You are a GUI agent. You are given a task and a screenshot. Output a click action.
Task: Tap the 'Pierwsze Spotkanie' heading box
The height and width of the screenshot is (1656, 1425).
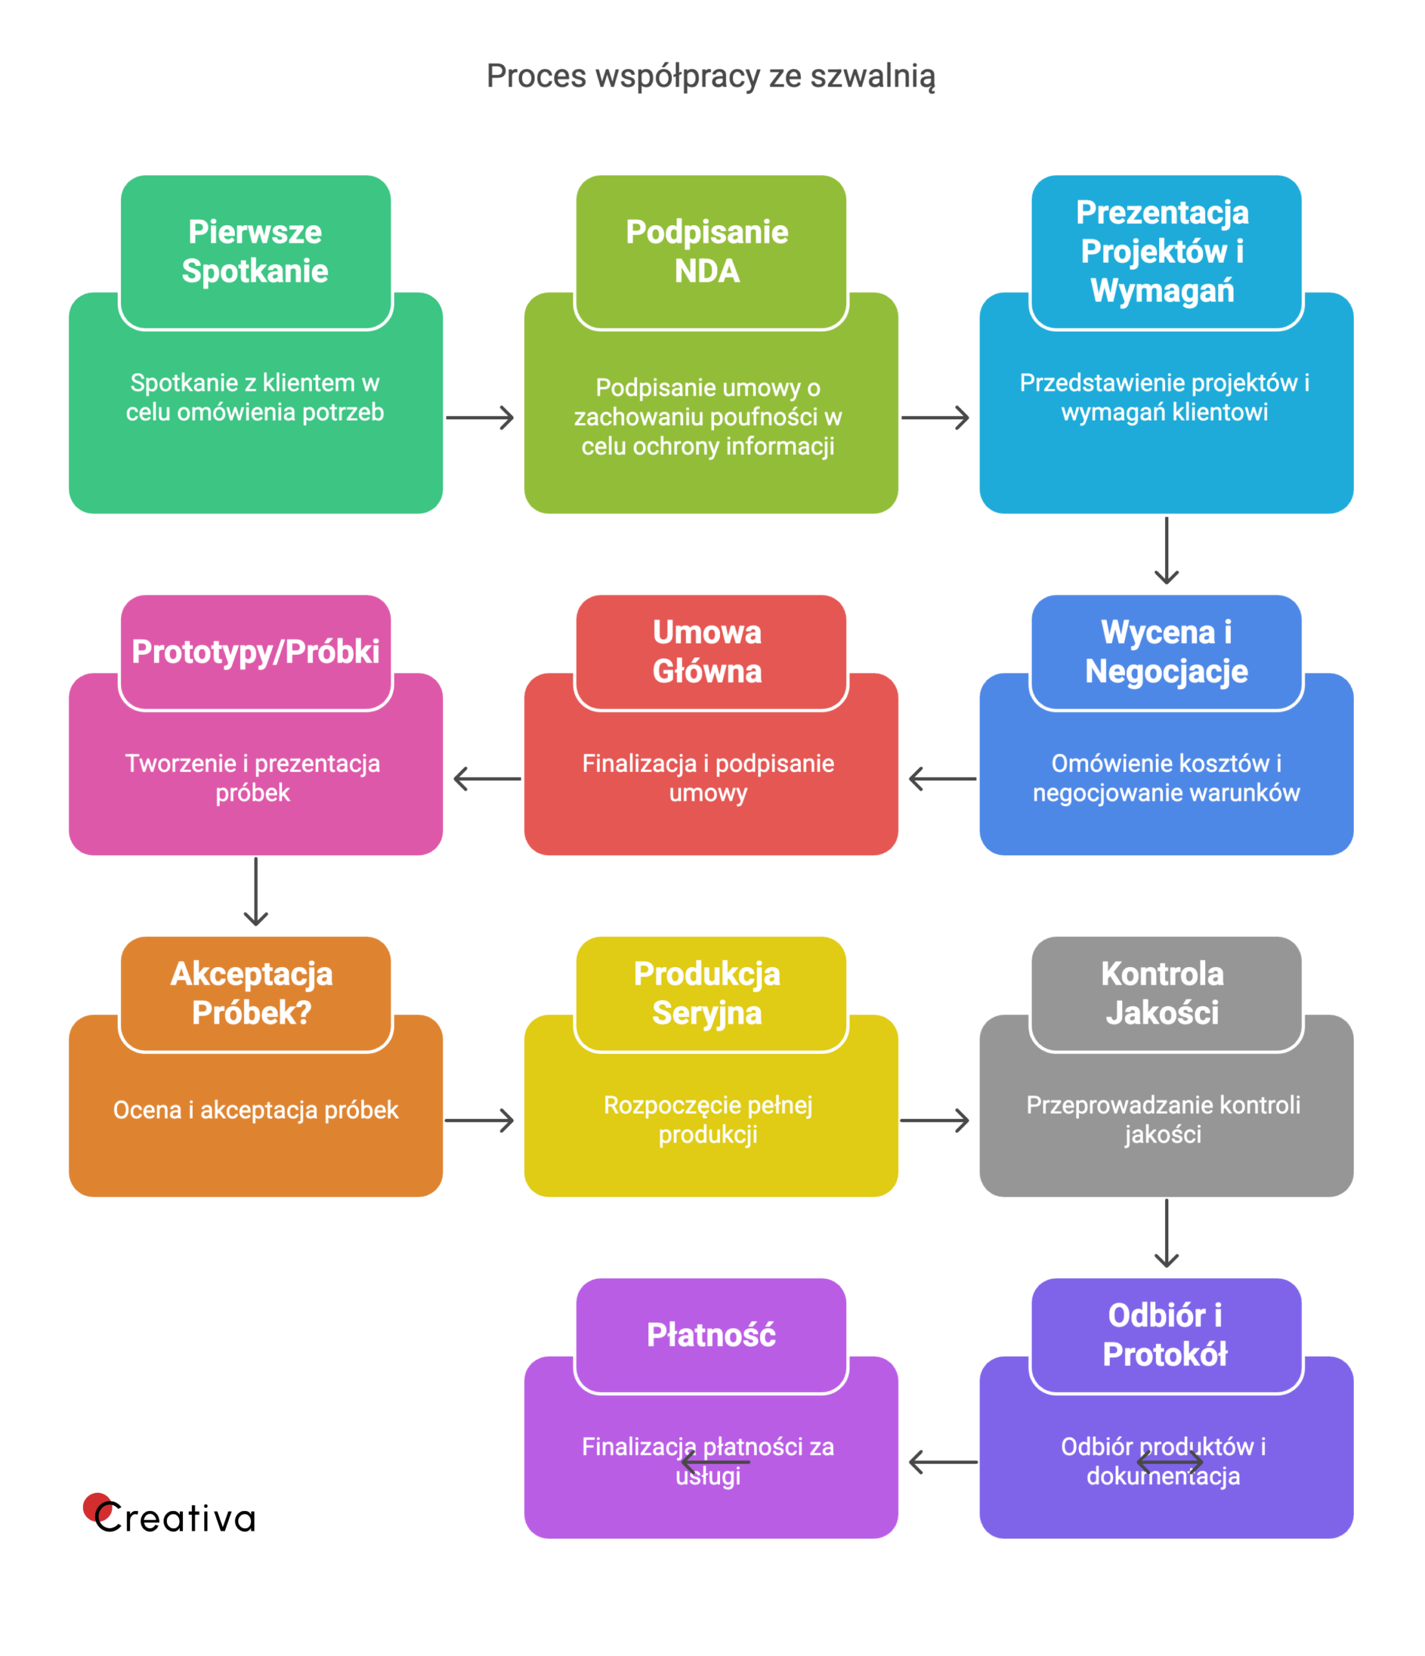pyautogui.click(x=255, y=252)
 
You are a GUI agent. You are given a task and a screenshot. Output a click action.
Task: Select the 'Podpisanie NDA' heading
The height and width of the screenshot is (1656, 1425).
pyautogui.click(x=707, y=252)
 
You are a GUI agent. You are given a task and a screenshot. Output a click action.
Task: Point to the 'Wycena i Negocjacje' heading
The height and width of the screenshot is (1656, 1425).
pyautogui.click(x=1166, y=651)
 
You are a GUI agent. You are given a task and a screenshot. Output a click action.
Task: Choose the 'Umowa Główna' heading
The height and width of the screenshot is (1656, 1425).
pyautogui.click(x=707, y=651)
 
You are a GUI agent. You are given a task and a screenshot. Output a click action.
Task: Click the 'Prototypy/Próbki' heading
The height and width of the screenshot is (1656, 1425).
pyautogui.click(x=255, y=651)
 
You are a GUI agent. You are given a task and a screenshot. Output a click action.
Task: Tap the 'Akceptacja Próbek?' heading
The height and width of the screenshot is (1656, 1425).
pyautogui.click(x=252, y=993)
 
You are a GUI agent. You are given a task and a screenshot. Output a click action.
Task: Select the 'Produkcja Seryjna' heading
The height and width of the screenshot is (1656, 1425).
pyautogui.click(x=707, y=993)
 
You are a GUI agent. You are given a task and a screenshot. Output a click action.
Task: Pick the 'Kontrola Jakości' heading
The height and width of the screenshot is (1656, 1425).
pyautogui.click(x=1163, y=993)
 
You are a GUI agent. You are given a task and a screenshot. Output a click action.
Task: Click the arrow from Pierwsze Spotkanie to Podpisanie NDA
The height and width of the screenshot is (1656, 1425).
pyautogui.click(x=479, y=417)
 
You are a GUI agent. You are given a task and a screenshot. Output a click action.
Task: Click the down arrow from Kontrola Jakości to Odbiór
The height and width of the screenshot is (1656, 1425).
pyautogui.click(x=1167, y=1232)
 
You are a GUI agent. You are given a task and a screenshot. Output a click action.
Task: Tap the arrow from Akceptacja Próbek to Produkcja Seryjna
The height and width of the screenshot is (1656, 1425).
pyautogui.click(x=479, y=1120)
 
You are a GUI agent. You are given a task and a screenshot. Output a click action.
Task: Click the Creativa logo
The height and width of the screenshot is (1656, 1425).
pyautogui.click(x=169, y=1516)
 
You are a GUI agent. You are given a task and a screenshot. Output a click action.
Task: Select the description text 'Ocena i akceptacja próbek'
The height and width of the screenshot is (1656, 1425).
pyautogui.click(x=256, y=1110)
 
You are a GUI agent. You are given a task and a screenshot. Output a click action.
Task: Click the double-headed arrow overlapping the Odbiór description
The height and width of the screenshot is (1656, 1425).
pyautogui.click(x=1169, y=1463)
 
